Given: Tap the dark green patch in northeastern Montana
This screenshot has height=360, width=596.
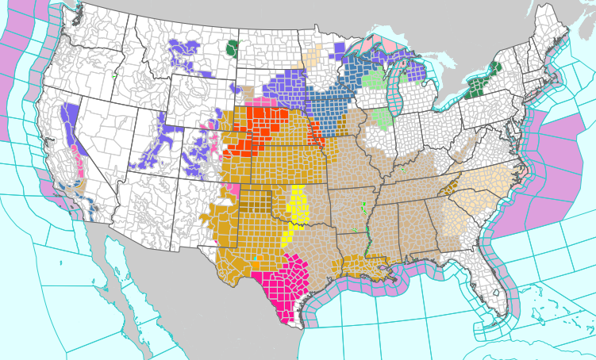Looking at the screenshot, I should click(232, 49).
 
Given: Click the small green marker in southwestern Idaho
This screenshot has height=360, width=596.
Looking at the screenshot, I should click(114, 77).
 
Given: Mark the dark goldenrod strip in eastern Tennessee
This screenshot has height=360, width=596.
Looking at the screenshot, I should click(452, 187).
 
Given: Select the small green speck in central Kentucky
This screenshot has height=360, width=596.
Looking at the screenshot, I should click(405, 170).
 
